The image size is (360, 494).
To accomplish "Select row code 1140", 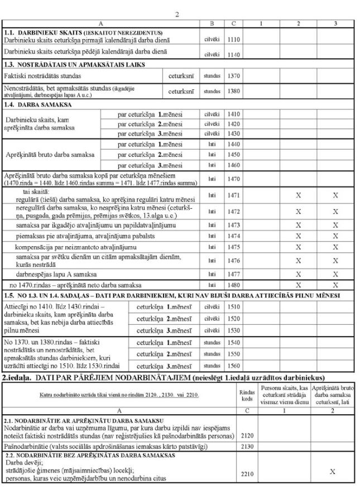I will [234, 54].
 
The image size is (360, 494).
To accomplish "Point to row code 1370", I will [234, 76].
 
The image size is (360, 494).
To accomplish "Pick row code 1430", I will [234, 134].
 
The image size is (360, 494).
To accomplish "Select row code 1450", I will [234, 155].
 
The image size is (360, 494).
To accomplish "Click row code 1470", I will [234, 179].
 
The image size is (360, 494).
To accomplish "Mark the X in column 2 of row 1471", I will [299, 196].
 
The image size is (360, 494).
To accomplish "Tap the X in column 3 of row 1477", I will [335, 274].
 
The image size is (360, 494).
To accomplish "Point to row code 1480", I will [234, 285].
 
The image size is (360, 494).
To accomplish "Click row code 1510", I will [234, 306].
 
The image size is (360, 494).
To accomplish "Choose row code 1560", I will [234, 365].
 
